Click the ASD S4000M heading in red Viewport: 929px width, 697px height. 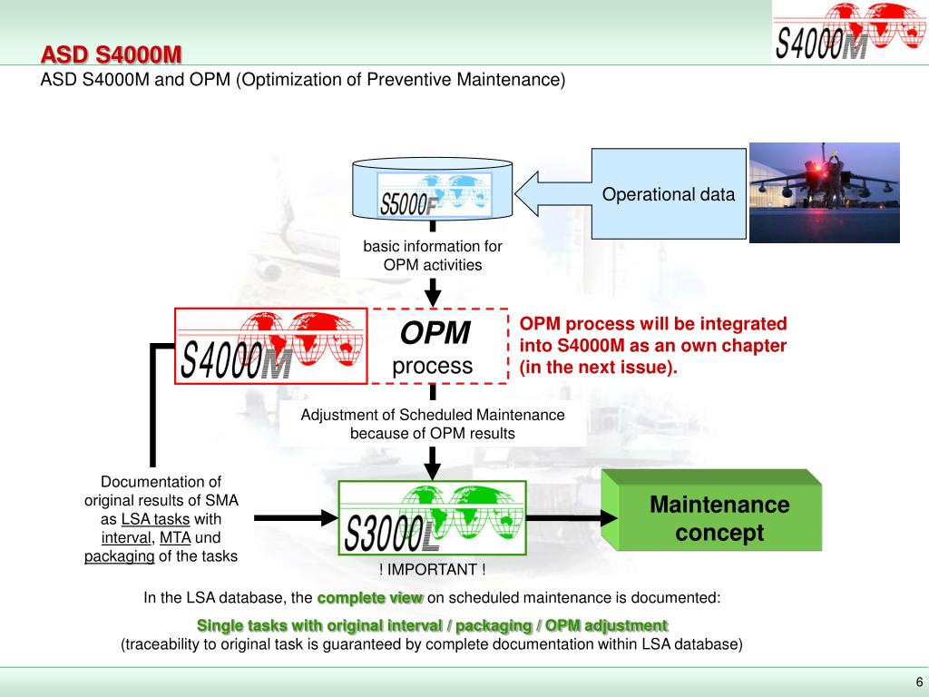click(x=111, y=55)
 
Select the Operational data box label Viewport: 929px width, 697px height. click(x=669, y=194)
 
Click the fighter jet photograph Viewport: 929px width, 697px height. click(x=824, y=192)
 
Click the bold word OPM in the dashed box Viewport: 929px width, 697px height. click(x=435, y=334)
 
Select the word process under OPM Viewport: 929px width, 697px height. click(x=433, y=366)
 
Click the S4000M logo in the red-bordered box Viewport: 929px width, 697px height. click(x=271, y=347)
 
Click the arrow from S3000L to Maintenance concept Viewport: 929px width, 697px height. click(x=572, y=517)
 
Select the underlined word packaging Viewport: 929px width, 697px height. click(x=120, y=556)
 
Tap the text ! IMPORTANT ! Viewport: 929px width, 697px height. click(x=433, y=569)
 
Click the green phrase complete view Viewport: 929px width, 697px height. click(x=370, y=598)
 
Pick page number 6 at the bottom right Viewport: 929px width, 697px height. click(x=918, y=682)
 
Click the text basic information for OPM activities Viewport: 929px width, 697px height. click(x=433, y=256)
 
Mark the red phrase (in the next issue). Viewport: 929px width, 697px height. click(x=599, y=368)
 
